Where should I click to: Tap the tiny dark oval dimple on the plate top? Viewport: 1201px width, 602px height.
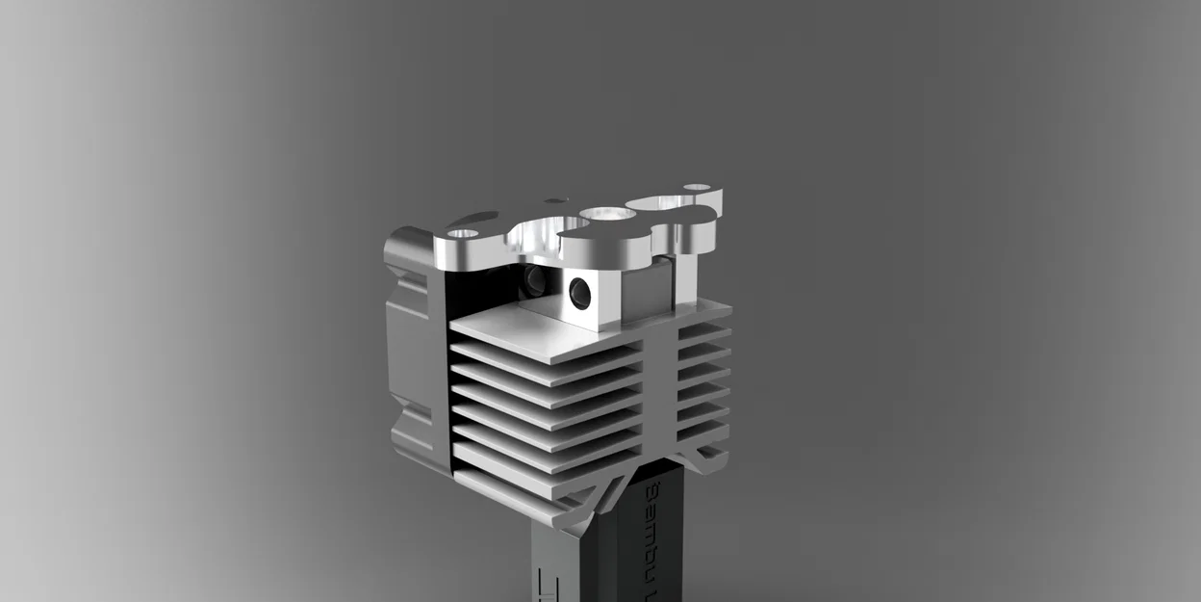[555, 201]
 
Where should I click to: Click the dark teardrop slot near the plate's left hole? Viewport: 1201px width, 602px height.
[476, 218]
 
